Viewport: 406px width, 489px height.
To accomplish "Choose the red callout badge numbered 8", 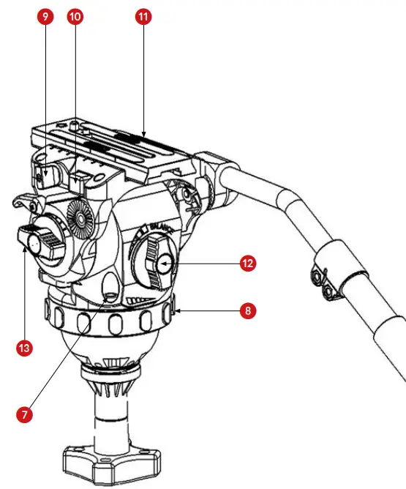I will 248,311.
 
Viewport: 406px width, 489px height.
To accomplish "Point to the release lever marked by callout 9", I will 46,176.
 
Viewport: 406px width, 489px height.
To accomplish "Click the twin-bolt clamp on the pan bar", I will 325,282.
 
